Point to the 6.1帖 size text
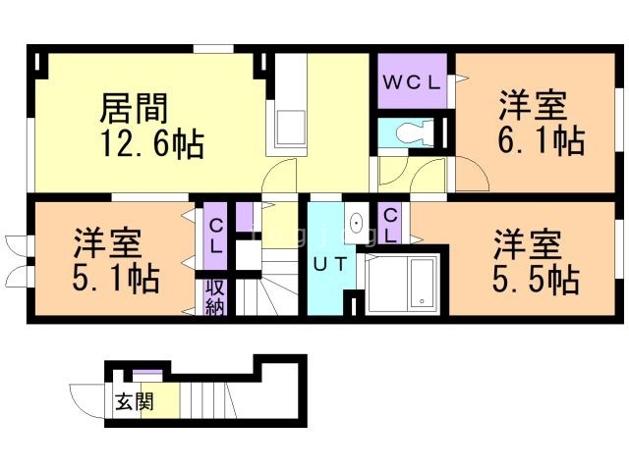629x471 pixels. (x=540, y=140)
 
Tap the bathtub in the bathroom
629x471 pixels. (x=414, y=284)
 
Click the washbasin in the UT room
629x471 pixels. (x=355, y=220)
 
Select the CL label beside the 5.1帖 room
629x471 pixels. (x=215, y=235)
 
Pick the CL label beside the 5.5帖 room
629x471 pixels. (x=390, y=226)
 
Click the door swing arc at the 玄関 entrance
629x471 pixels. (x=85, y=400)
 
